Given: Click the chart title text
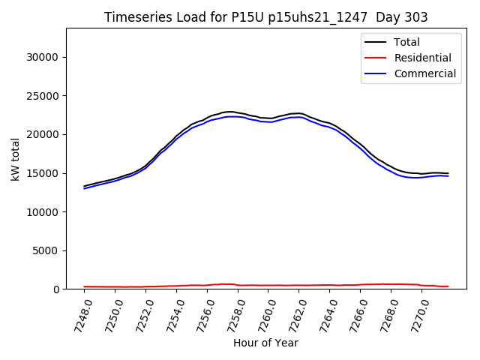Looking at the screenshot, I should [x=266, y=17].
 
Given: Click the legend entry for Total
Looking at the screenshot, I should [x=406, y=42].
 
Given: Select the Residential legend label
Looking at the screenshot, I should [x=422, y=58].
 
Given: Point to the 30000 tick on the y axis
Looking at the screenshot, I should [x=43, y=57].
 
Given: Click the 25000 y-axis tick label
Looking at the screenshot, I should [x=43, y=96].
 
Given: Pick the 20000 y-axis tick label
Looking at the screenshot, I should [x=43, y=134].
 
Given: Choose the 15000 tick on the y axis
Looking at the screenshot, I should [x=43, y=173].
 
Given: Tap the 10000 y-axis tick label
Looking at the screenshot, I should [x=43, y=212].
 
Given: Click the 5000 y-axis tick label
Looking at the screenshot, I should [x=46, y=250].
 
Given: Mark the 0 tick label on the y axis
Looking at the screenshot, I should [x=56, y=289].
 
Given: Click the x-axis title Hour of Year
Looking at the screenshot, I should [x=265, y=343].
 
